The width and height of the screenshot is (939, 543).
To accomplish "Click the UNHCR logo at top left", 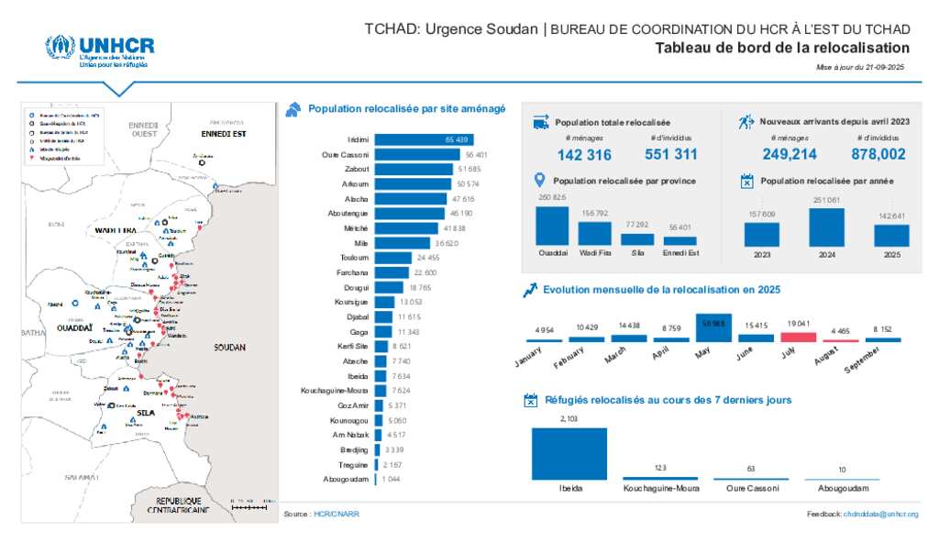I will (99, 51).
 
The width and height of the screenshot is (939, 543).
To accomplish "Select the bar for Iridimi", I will (423, 139).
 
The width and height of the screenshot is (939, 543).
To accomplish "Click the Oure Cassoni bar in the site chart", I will (417, 155).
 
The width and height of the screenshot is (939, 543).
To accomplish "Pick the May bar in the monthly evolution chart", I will (713, 328).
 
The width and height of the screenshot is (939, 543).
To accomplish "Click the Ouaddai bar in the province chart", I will (552, 226).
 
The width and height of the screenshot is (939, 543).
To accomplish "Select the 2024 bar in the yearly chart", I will (826, 227).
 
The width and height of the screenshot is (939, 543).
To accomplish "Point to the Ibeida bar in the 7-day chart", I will (569, 454).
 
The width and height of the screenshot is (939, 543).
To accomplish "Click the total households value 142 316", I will (584, 155).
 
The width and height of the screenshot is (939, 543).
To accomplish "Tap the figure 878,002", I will (878, 155).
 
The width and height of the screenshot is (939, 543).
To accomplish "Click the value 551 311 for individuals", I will (671, 155).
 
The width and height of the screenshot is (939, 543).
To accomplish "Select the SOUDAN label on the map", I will (229, 349).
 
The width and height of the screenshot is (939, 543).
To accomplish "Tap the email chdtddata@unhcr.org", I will (880, 515).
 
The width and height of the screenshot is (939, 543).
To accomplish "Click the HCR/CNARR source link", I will (337, 515).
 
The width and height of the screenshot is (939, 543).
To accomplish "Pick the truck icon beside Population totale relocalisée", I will (540, 122).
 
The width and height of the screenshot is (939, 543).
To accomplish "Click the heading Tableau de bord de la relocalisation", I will (782, 49).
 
